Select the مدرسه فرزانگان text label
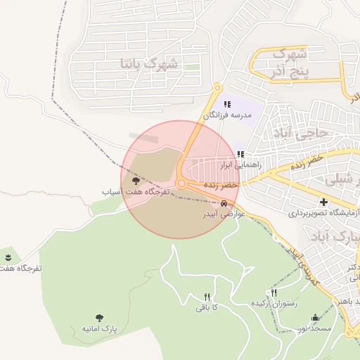point(232,114)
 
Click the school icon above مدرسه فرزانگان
point(227,104)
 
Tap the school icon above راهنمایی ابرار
point(240,155)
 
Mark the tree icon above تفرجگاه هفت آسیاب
point(136,181)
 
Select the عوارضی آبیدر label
point(223,214)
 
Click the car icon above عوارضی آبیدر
point(224,204)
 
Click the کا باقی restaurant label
point(207,307)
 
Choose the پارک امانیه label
point(98,328)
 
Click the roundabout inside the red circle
point(181,184)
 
